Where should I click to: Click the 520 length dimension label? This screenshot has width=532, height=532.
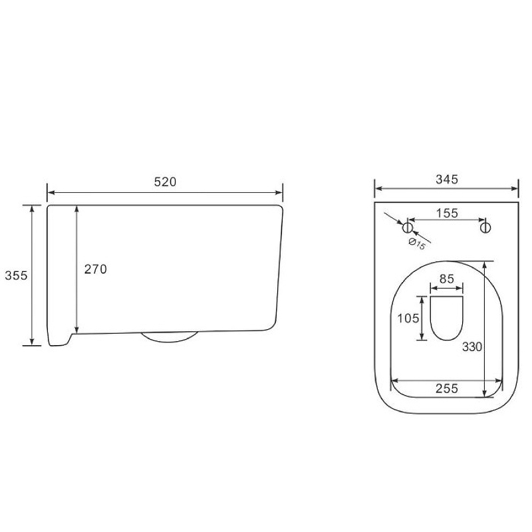pyautogui.click(x=165, y=182)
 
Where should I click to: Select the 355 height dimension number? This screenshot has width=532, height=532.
pyautogui.click(x=16, y=275)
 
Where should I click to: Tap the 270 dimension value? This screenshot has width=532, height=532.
pyautogui.click(x=95, y=269)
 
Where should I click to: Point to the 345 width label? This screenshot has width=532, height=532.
pyautogui.click(x=447, y=180)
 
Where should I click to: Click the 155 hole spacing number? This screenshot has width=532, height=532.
pyautogui.click(x=447, y=213)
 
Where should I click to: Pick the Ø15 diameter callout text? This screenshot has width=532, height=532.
pyautogui.click(x=417, y=244)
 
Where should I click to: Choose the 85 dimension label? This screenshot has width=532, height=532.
pyautogui.click(x=446, y=279)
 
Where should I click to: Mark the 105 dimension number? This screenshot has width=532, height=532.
pyautogui.click(x=408, y=319)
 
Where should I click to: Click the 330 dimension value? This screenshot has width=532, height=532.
pyautogui.click(x=472, y=346)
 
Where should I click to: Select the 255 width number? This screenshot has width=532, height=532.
pyautogui.click(x=447, y=388)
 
